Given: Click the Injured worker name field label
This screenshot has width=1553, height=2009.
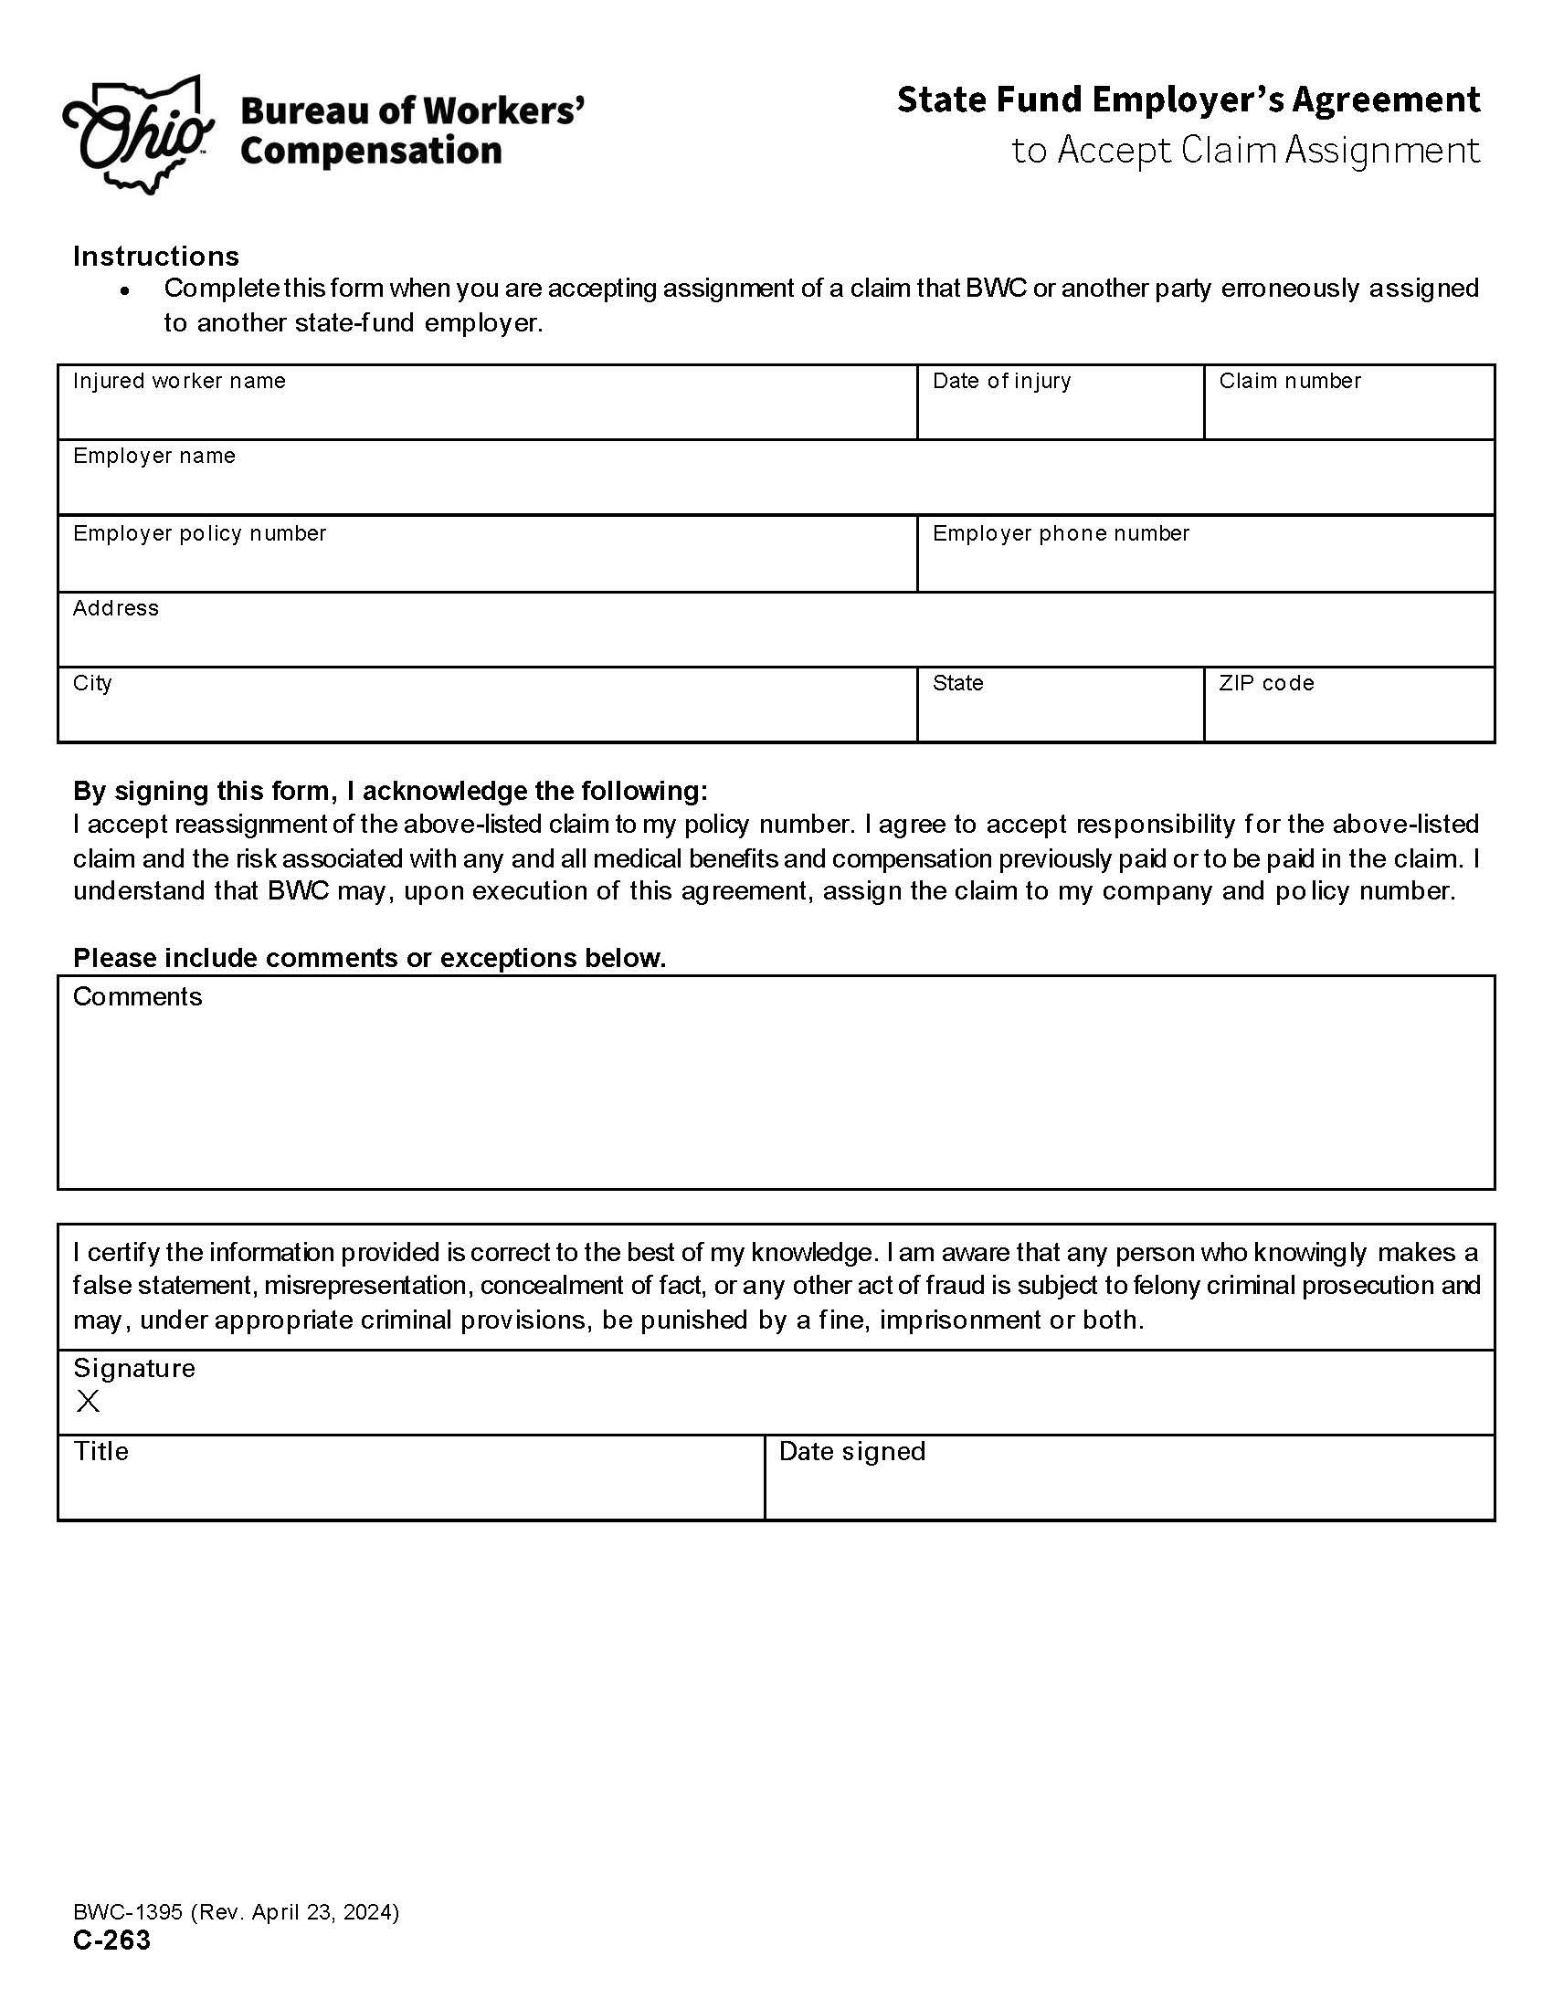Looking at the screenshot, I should [179, 381].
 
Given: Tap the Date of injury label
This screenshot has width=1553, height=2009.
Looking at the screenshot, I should [1001, 381].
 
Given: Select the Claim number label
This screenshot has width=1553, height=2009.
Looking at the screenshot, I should [1289, 381].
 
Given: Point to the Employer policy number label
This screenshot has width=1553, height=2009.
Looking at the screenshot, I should [200, 533].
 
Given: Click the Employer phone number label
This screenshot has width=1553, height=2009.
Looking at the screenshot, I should [1061, 533].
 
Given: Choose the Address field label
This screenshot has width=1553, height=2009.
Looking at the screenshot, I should [116, 608].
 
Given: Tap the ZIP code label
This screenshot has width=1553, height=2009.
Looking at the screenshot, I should [1266, 683].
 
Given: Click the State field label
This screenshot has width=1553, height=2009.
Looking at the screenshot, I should [957, 683].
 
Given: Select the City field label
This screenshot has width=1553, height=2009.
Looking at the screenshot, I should [92, 683].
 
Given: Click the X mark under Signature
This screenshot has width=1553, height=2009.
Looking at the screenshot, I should [89, 1401].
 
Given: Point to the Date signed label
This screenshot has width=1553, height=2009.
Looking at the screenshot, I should [852, 1452].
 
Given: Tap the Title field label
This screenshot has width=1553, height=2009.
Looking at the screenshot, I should [101, 1452].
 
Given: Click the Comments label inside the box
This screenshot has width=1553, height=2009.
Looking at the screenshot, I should [137, 997].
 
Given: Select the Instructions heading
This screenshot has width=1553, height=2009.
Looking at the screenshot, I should [155, 256].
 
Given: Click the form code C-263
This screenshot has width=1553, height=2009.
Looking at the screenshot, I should [111, 1941].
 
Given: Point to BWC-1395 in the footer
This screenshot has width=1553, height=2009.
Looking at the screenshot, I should [128, 1912].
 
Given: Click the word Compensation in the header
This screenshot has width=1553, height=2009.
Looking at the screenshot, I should [371, 151].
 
